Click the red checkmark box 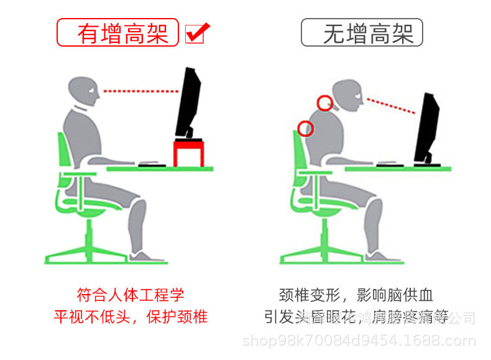tap(196, 33)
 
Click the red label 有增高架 tap(118, 32)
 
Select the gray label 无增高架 tap(362, 32)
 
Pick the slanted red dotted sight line tap(390, 105)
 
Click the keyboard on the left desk tap(152, 165)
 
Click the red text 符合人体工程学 tap(131, 294)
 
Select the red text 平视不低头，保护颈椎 tap(131, 316)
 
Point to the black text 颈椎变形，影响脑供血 tap(356, 294)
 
